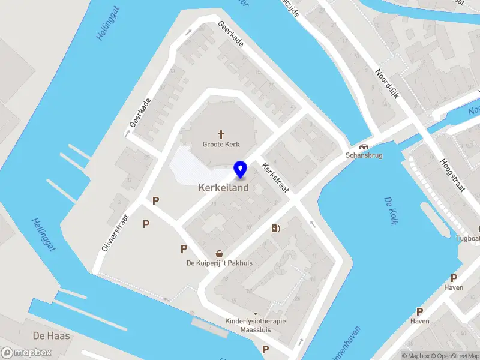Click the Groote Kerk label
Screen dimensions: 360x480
(x=221, y=144)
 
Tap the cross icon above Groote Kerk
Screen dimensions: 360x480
(x=221, y=134)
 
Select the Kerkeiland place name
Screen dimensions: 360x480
(x=223, y=188)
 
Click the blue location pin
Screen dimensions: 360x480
(x=241, y=170)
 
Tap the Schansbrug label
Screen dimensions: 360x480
(x=364, y=155)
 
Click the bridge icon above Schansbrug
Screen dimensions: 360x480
(x=363, y=146)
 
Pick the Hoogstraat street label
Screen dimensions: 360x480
(x=453, y=174)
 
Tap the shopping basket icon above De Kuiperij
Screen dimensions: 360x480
(x=220, y=254)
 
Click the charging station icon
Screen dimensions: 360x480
(x=275, y=227)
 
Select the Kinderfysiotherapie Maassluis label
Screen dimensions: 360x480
(x=256, y=325)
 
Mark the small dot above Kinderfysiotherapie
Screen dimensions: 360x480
(x=256, y=313)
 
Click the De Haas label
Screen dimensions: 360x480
(x=51, y=336)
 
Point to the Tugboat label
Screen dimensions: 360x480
(x=468, y=238)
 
